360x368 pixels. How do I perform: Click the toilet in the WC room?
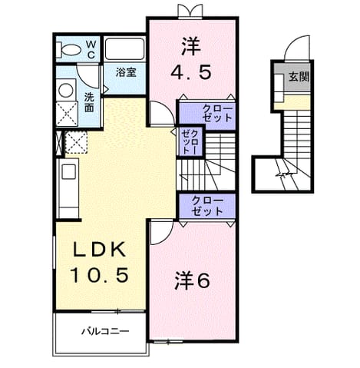[68, 50]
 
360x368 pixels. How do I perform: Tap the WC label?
[91, 49]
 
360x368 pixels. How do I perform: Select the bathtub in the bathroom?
[124, 49]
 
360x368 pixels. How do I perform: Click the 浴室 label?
[126, 72]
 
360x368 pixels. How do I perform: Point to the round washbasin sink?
[66, 91]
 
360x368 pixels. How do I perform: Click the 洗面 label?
[89, 102]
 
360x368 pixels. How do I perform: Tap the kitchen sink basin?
[69, 171]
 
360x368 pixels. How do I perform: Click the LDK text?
[100, 249]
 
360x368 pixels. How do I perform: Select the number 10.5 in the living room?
[100, 274]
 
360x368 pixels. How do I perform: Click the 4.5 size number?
[191, 71]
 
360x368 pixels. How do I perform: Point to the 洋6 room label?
[192, 280]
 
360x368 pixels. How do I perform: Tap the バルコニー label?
[105, 331]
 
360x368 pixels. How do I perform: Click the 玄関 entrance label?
[299, 76]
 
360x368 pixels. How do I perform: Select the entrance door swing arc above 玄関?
[293, 43]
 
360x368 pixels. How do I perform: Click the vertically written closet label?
[190, 141]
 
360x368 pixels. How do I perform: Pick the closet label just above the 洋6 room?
[207, 206]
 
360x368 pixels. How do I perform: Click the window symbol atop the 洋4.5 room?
[190, 12]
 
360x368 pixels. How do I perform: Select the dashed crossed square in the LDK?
[76, 142]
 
